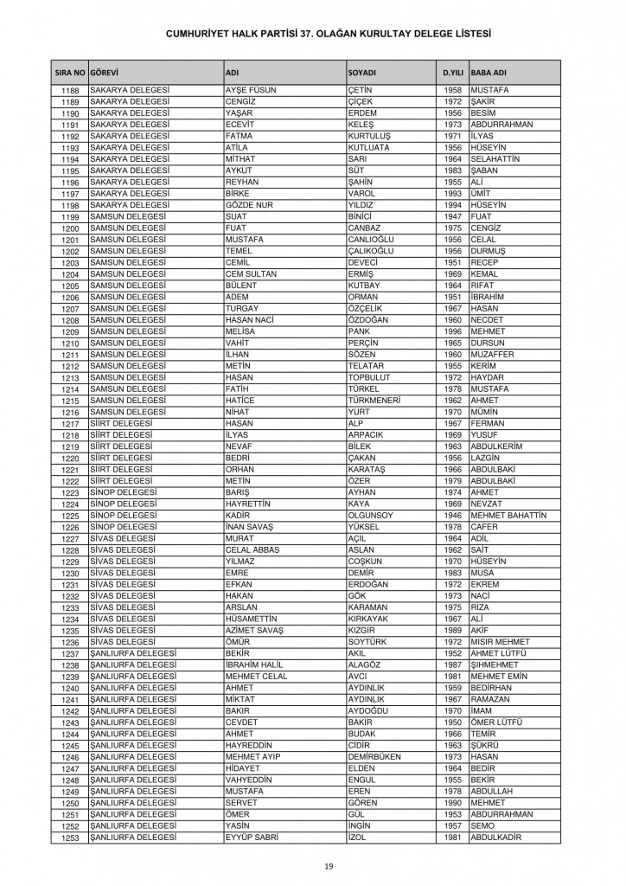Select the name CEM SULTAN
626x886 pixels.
[251, 272]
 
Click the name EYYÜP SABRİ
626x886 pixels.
[251, 837]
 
